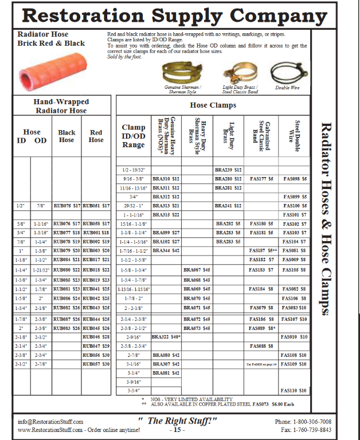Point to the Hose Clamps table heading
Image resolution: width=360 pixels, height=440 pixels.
point(213,105)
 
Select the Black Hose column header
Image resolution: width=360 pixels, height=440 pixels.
point(66,136)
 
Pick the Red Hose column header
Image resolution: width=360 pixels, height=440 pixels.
point(96,136)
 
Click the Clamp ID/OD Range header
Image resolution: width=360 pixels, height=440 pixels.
point(134,136)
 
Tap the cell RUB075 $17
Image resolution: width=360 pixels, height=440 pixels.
point(66,206)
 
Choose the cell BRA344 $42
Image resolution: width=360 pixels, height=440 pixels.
point(166,251)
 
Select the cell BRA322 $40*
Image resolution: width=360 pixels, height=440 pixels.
point(166,337)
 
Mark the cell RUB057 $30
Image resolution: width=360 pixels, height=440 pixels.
point(96,364)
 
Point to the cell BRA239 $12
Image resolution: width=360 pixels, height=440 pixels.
point(229,170)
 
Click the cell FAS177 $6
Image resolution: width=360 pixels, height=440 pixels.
point(262,179)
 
